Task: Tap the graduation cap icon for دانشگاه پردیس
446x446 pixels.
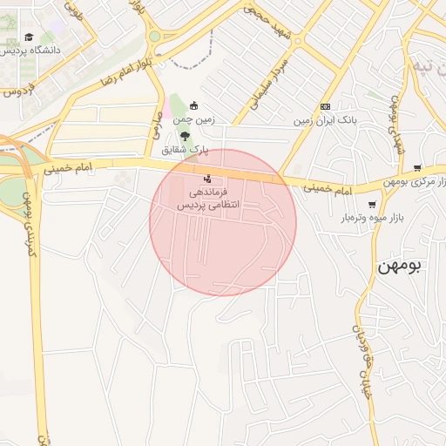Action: click(x=29, y=37)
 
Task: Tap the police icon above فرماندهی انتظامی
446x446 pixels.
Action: click(x=206, y=179)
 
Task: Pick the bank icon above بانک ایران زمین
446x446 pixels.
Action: click(x=326, y=105)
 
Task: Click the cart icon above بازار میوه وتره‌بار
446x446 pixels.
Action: click(x=373, y=204)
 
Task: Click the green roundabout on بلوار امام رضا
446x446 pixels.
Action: click(x=154, y=37)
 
